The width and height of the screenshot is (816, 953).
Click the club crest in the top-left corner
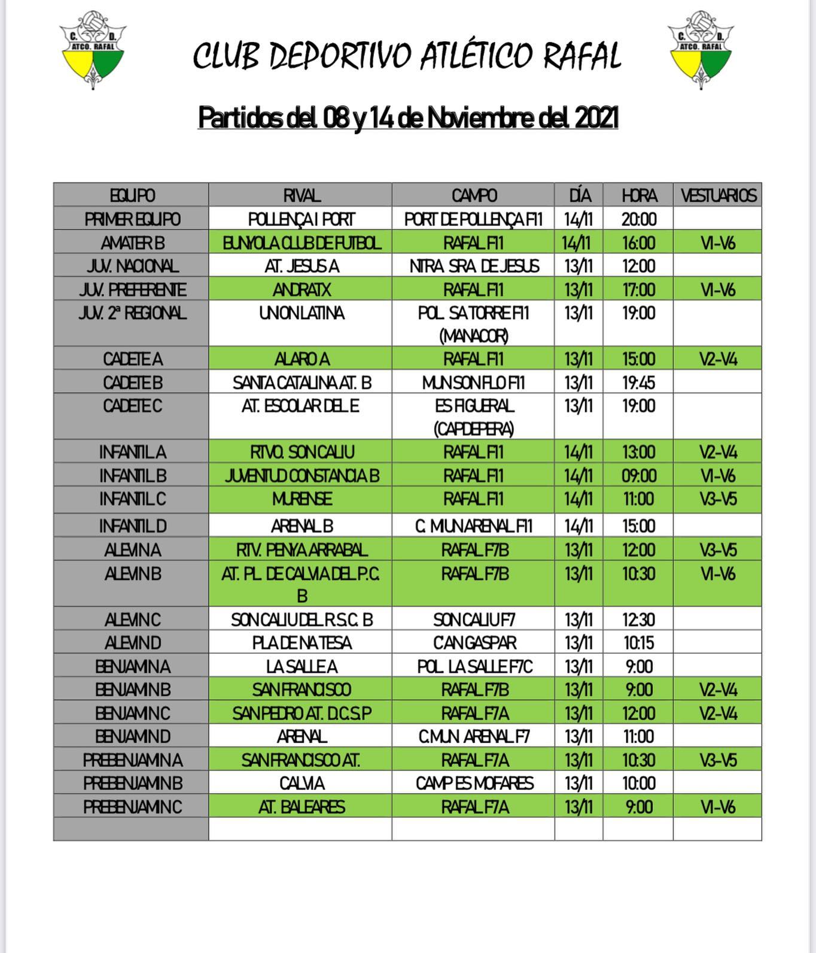pos(93,50)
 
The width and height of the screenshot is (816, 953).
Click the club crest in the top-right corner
pos(701,50)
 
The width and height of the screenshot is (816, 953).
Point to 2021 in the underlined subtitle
pos(596,118)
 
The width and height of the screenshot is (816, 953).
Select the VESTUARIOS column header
pos(718,195)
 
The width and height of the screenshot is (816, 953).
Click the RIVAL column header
pos(301,195)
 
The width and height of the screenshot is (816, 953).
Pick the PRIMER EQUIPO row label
pos(132,219)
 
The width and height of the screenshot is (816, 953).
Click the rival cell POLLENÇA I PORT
pos(301,219)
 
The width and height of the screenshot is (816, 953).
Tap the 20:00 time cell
pos(638,219)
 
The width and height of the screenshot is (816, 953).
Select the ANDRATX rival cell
pos(301,290)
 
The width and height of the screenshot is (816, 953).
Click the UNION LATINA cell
pos(301,313)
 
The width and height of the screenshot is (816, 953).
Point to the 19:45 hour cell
pos(638,383)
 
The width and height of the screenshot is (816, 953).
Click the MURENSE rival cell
pos(301,499)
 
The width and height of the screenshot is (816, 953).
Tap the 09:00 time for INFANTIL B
pos(638,476)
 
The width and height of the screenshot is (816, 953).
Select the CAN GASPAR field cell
pos(473,643)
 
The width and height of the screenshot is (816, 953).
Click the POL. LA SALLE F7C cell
pos(473,666)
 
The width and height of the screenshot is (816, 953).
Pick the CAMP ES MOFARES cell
pos(473,783)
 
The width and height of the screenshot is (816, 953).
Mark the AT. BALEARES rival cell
pos(301,807)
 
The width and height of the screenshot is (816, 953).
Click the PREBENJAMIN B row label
pos(132,783)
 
